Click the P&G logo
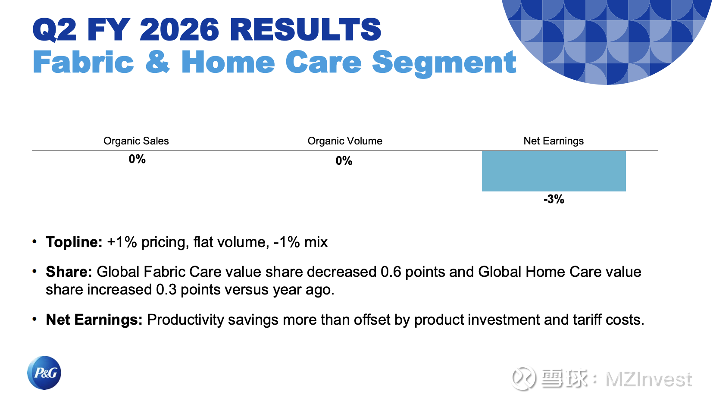click(x=44, y=373)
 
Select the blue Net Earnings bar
click(x=554, y=171)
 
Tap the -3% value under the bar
click(x=554, y=199)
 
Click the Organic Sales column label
click(x=136, y=141)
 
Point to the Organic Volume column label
click(x=345, y=141)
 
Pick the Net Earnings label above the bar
click(x=554, y=141)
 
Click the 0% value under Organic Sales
click(x=137, y=159)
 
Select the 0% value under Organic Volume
click(x=344, y=161)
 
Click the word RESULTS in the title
click(x=305, y=30)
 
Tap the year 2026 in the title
click(x=179, y=30)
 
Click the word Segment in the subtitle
click(x=444, y=63)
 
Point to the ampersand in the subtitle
click(x=157, y=62)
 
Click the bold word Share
click(x=69, y=272)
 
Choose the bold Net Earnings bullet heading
click(x=94, y=320)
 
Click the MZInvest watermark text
click(x=649, y=379)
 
